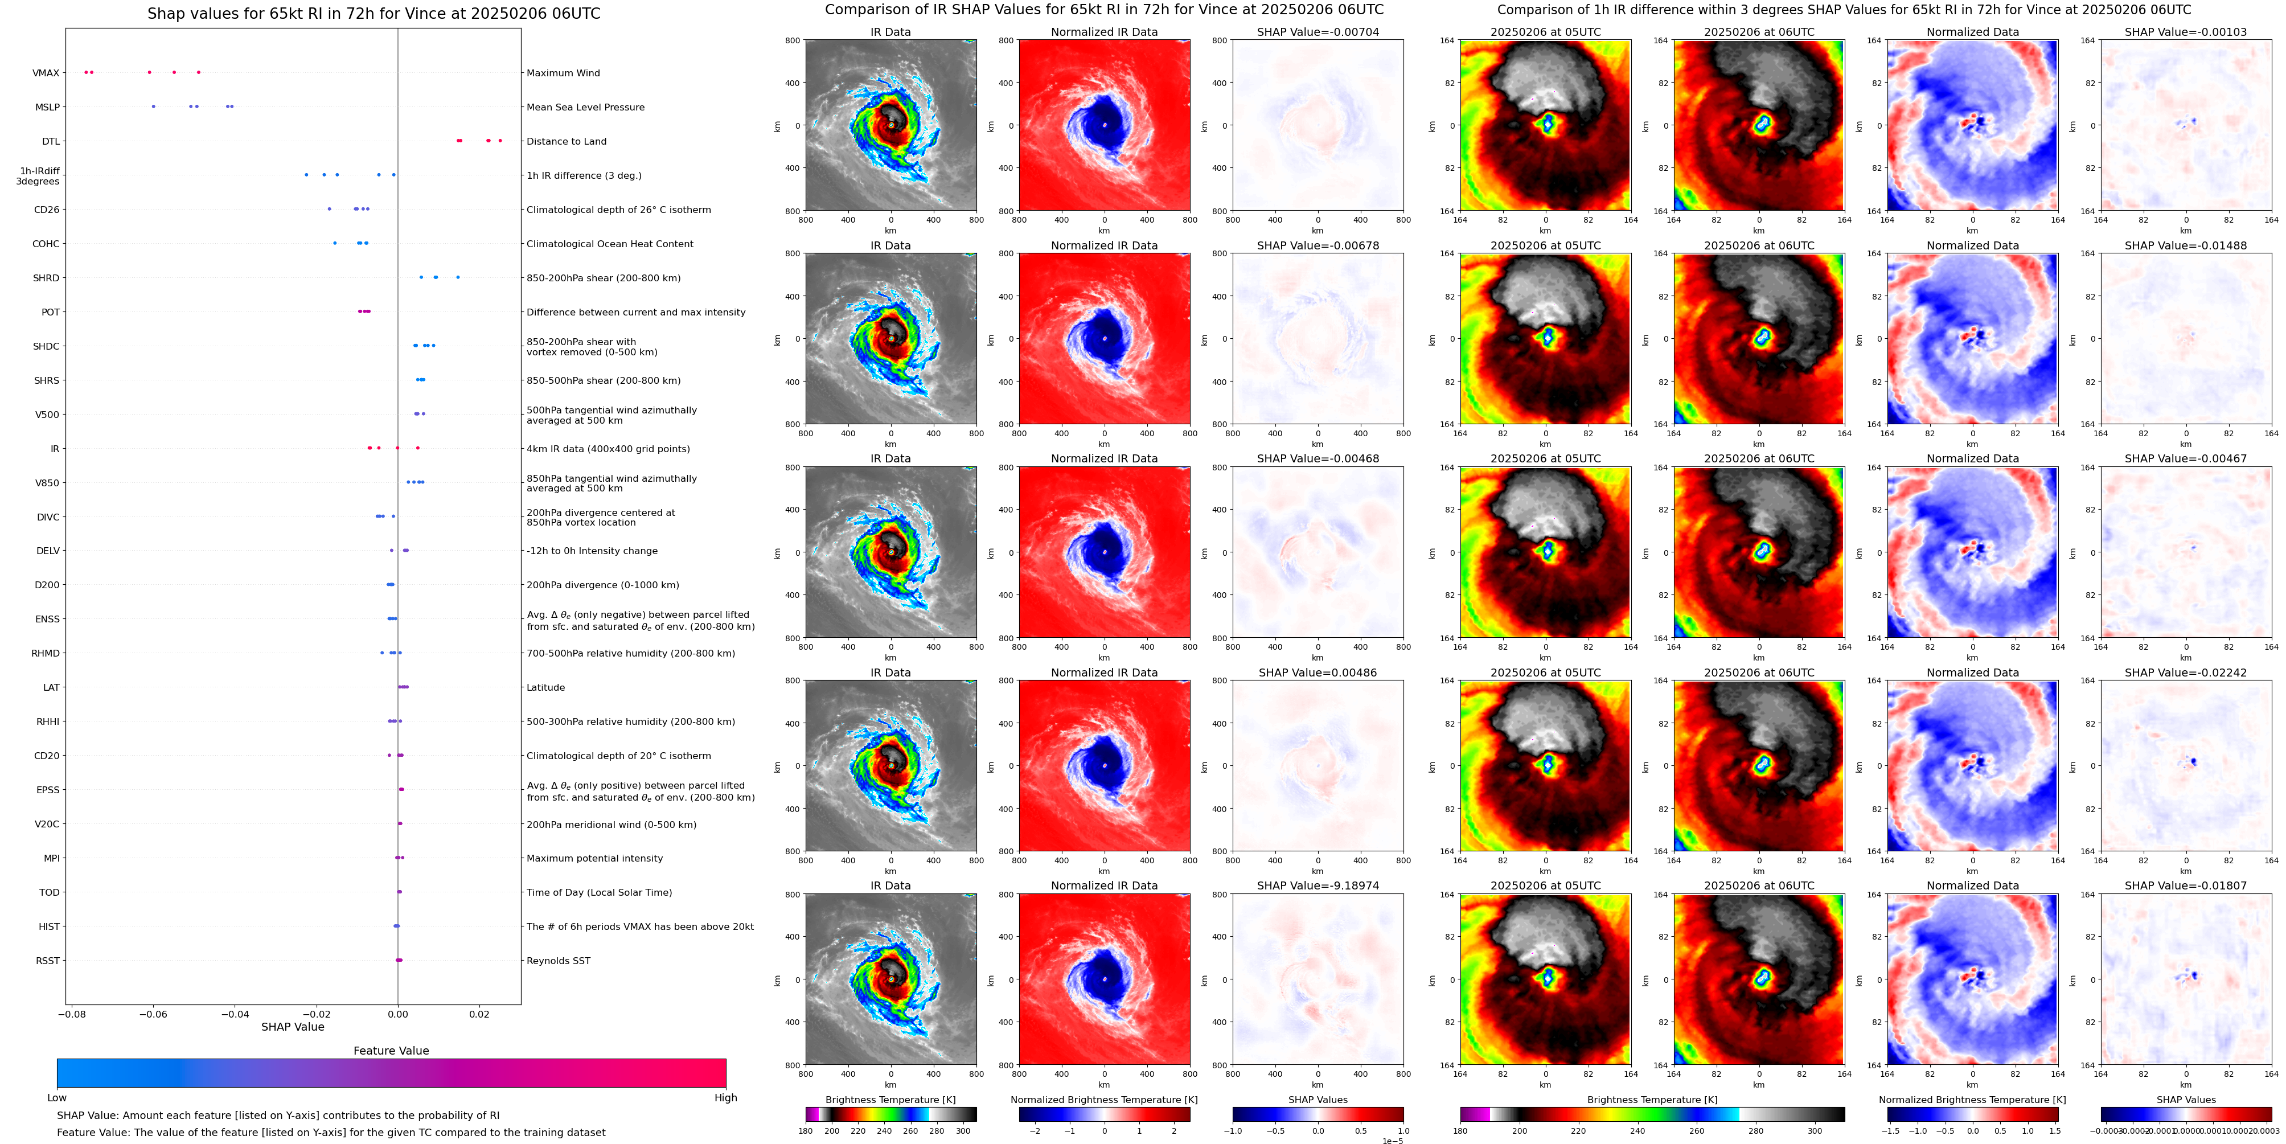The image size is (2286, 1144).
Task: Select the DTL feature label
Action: pyautogui.click(x=51, y=141)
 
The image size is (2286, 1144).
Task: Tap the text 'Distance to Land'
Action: pyautogui.click(x=566, y=141)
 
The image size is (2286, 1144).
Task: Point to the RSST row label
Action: pyautogui.click(x=48, y=960)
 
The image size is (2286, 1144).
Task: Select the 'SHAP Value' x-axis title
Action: pyautogui.click(x=293, y=1027)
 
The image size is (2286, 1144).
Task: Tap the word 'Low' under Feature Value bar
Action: pyautogui.click(x=57, y=1098)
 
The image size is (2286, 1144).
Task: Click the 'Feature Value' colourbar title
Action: pyautogui.click(x=391, y=1051)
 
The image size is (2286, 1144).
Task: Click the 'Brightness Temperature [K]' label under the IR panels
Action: pyautogui.click(x=890, y=1100)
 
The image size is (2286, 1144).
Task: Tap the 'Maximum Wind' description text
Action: pyautogui.click(x=563, y=73)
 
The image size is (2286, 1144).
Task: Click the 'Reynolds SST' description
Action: pyautogui.click(x=558, y=960)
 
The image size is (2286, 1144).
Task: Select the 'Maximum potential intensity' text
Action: pyautogui.click(x=594, y=858)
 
